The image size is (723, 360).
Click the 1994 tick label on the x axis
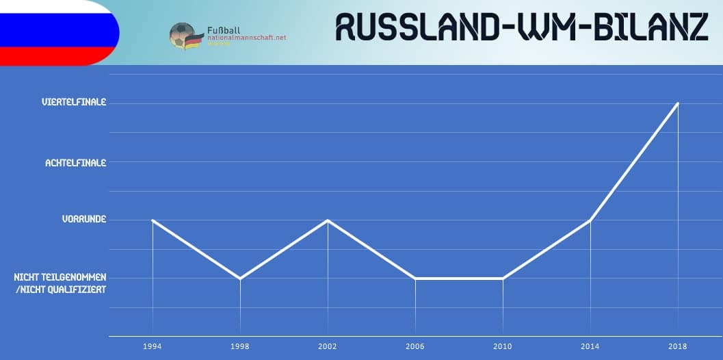coord(152,346)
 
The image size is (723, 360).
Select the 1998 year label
coord(240,346)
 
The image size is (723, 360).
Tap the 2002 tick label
coord(328,346)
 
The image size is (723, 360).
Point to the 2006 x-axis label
coord(415,346)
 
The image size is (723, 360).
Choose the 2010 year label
coord(503,346)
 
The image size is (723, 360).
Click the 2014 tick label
coord(590,346)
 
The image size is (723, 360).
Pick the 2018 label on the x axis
coord(678,346)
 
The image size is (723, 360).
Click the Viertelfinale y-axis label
coord(74,102)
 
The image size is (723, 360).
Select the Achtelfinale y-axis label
coord(76,162)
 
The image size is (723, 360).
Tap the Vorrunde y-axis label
coord(84,219)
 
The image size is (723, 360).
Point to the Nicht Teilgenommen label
coord(60,277)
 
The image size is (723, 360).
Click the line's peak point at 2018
coord(678,103)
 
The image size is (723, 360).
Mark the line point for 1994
coord(152,220)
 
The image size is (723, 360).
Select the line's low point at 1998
coord(240,279)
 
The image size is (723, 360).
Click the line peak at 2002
coord(328,220)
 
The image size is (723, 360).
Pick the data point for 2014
coord(590,220)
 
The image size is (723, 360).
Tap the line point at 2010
coord(503,279)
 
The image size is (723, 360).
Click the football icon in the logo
coord(182,35)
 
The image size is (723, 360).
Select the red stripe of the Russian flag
coord(55,56)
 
